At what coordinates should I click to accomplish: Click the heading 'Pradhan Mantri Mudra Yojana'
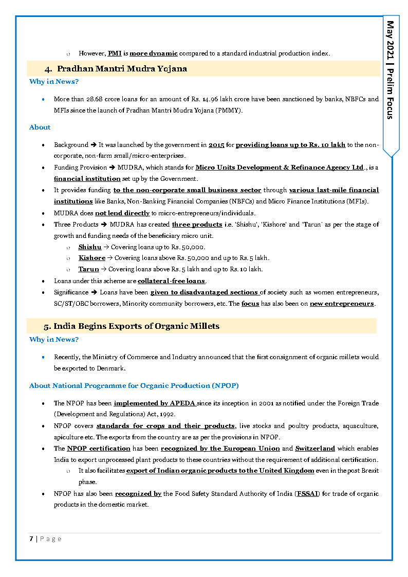tap(122, 68)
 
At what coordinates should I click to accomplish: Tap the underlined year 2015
tap(216, 145)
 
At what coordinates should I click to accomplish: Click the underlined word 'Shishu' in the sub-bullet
tap(90, 247)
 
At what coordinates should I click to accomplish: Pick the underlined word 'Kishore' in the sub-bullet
tap(92, 258)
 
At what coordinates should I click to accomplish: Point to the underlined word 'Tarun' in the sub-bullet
tap(88, 269)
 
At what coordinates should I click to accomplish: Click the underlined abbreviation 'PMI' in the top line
tap(114, 53)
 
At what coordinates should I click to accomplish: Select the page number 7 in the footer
tap(31, 538)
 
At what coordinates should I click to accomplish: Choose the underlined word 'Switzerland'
tap(315, 449)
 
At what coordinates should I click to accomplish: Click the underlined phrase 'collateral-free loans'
tap(171, 281)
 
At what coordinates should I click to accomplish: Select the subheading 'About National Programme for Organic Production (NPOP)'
tap(134, 385)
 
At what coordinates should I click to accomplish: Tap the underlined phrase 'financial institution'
tap(87, 179)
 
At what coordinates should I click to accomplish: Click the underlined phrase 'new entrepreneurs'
tap(342, 304)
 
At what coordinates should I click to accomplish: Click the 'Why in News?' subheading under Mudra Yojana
tap(54, 81)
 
